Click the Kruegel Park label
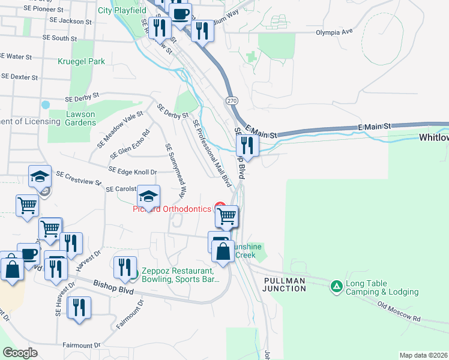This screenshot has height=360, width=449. pyautogui.click(x=81, y=61)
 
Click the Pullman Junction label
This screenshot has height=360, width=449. pyautogui.click(x=284, y=284)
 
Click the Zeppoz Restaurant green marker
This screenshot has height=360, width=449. pyautogui.click(x=135, y=275)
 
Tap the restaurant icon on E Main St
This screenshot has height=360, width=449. pyautogui.click(x=246, y=145)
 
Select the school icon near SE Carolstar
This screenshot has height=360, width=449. pyautogui.click(x=148, y=196)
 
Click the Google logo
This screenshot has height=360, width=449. pyautogui.click(x=20, y=353)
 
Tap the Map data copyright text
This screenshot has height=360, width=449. pyautogui.click(x=423, y=355)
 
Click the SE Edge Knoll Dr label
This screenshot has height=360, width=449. pyautogui.click(x=133, y=172)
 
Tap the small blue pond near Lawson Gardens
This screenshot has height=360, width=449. pyautogui.click(x=46, y=104)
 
